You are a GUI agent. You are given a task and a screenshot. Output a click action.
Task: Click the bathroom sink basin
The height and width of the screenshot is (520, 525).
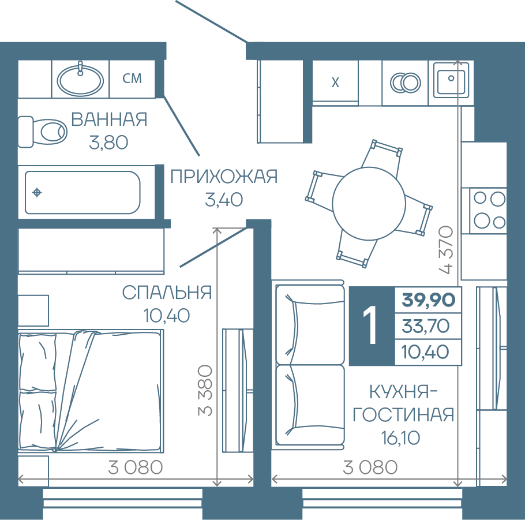coord(80,80)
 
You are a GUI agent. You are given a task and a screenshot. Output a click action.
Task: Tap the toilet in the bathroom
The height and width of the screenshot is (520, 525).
coord(42,132)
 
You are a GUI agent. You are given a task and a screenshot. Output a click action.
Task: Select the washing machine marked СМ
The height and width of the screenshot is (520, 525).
coord(132,79)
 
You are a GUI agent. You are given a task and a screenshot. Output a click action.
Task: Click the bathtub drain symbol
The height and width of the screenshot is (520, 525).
coord(37,193)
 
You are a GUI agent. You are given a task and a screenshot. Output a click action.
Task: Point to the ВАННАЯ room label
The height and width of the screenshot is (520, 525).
coord(109,119)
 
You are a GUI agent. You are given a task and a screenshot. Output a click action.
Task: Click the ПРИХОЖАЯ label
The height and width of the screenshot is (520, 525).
coord(224,177)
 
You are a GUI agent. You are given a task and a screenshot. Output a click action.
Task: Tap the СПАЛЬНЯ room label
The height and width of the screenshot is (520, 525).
coord(167,293)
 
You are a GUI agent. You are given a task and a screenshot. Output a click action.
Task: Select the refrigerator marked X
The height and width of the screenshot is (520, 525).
coord(335,83)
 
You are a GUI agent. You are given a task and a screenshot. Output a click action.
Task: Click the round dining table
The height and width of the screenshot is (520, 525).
coord(369,203)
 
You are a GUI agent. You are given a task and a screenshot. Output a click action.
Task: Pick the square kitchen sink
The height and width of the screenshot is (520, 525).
coord(451,80)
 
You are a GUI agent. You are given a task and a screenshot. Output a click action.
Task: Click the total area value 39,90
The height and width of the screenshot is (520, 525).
coord(429,300)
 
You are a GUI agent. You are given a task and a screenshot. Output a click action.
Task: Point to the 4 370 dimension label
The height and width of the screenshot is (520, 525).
coord(447,250)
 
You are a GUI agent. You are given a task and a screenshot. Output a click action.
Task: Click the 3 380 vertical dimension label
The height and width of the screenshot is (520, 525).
coord(205,391)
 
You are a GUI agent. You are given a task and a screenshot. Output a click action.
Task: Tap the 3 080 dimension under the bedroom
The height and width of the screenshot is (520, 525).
coord(135,467)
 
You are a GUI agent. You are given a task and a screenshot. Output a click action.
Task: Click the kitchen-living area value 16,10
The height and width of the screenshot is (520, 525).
coord(400,437)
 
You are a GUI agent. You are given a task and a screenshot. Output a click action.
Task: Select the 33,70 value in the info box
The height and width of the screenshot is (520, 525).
coord(426,326)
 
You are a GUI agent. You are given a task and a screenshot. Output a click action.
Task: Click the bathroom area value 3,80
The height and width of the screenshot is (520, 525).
coord(108,143)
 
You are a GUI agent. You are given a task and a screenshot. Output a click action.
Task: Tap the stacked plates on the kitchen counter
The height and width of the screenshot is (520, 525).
coord(406,83)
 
